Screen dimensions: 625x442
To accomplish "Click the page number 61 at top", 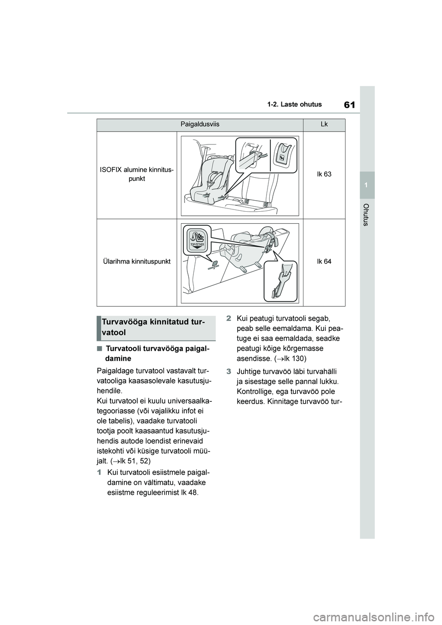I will [349, 104].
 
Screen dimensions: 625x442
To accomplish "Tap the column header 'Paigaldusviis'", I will [200, 125].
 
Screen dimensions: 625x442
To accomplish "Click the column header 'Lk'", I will [324, 125].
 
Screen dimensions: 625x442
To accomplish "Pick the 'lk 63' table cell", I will [324, 174].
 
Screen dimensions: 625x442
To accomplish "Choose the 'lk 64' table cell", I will [324, 261].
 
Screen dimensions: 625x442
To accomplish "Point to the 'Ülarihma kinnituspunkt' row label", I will [137, 261].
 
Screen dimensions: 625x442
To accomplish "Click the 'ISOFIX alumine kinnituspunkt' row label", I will [137, 174].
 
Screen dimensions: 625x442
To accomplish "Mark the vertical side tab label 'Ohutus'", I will [367, 214].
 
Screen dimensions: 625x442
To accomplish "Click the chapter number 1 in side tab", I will [367, 185].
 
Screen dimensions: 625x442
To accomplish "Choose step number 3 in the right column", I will [228, 371].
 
